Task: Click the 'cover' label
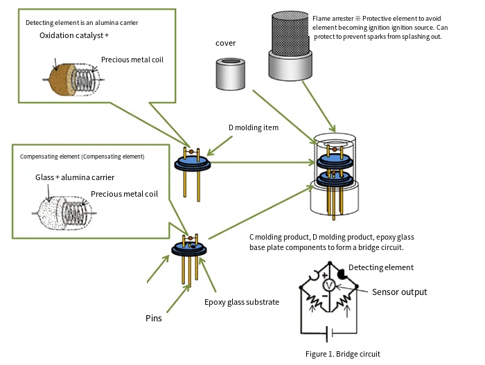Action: pyautogui.click(x=226, y=43)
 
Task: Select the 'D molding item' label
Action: pyautogui.click(x=254, y=127)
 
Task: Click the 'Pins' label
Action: pyautogui.click(x=154, y=319)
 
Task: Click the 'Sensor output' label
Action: pyautogui.click(x=400, y=292)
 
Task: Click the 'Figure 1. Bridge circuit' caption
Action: pyautogui.click(x=342, y=353)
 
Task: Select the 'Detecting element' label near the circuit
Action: pyautogui.click(x=381, y=267)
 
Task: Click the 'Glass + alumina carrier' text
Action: pyautogui.click(x=75, y=177)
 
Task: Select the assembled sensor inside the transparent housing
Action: pyautogui.click(x=333, y=173)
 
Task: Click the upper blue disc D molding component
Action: pyautogui.click(x=193, y=163)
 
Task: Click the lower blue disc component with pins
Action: pyautogui.click(x=190, y=249)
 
